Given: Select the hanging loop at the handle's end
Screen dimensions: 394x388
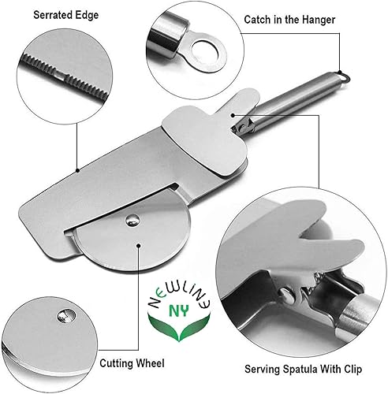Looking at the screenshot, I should [341, 77].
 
